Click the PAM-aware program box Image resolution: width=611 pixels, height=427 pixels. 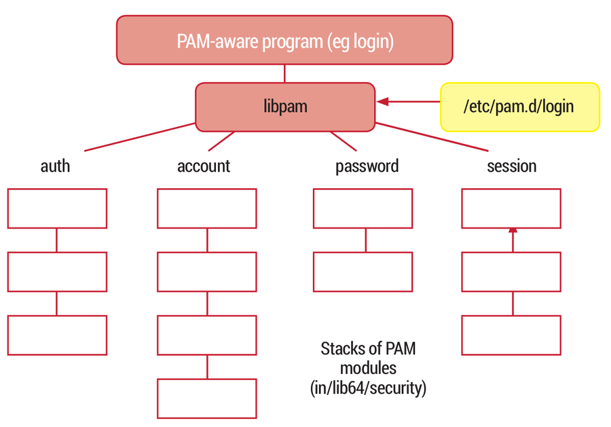point(284,40)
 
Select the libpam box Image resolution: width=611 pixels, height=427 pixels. point(285,107)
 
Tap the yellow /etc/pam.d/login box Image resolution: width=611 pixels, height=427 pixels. point(520,107)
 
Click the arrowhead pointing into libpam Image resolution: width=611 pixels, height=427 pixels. point(383,102)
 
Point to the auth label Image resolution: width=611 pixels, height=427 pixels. point(56,166)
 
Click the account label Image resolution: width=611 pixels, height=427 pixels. point(204,166)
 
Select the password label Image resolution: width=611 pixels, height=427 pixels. point(367,166)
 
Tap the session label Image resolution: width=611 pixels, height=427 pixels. point(512,166)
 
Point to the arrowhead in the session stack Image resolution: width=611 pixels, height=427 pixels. point(513,231)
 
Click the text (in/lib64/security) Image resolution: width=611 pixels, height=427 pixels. point(368,388)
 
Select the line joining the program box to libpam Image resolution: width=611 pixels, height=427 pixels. point(284,73)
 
